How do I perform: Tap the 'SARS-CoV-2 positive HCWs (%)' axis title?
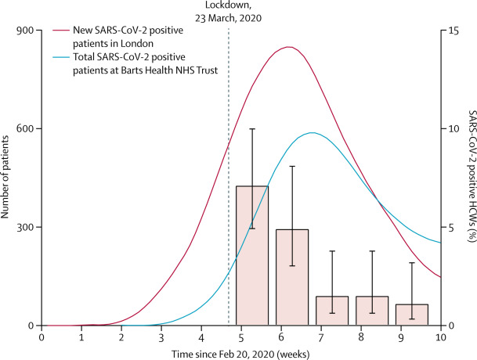coord(467,178)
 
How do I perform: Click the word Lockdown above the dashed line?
coord(229,5)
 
